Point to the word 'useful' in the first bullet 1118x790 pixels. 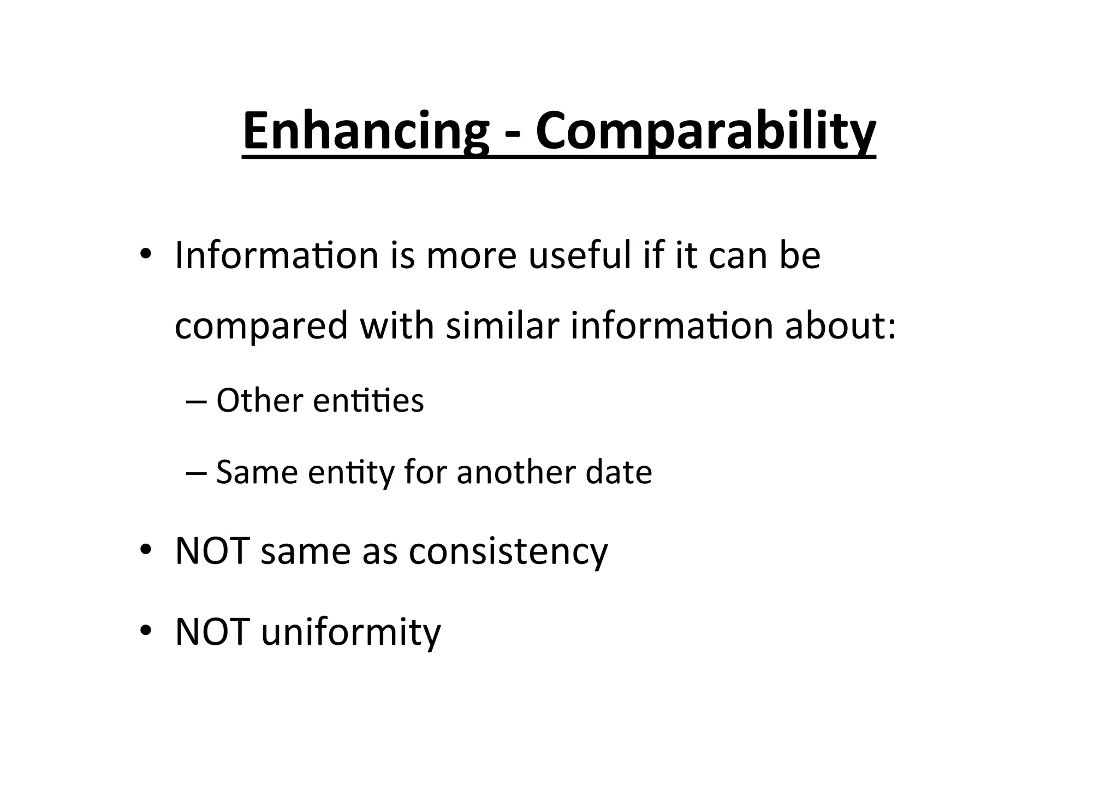[579, 255]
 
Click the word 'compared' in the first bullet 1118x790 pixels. [261, 326]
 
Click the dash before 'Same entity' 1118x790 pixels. [195, 472]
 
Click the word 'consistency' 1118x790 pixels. [508, 551]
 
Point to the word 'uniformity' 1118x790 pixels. [350, 632]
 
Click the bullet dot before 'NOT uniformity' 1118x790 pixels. [145, 631]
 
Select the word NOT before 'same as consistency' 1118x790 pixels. [212, 551]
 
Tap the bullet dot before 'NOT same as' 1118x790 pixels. [145, 550]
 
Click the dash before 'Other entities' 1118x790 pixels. [195, 401]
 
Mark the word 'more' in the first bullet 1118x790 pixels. [471, 255]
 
